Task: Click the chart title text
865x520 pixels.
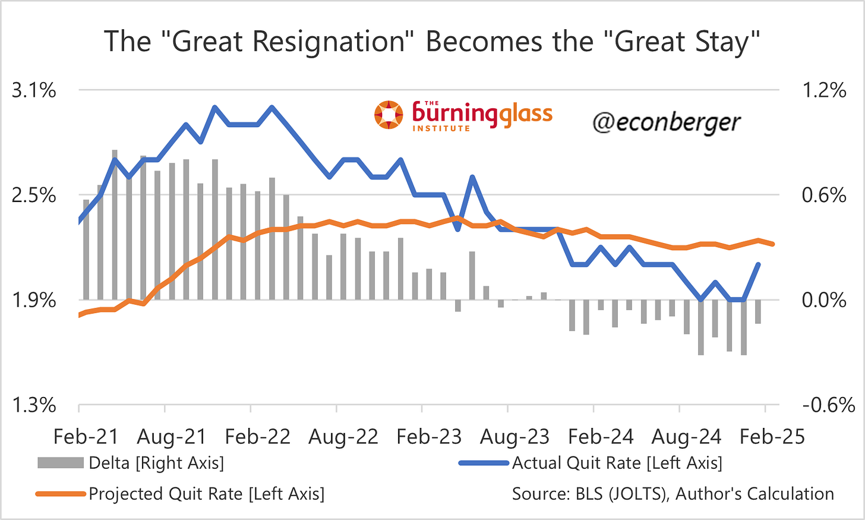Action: coord(432,42)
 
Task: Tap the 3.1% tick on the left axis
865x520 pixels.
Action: coord(34,91)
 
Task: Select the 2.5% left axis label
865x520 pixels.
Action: coord(34,196)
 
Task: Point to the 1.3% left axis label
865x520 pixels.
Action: coord(34,406)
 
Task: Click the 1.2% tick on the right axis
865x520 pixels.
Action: coord(824,91)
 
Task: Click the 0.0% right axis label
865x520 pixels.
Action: coord(824,300)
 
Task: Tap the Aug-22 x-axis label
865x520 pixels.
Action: coord(343,437)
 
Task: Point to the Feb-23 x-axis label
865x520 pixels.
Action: coord(429,437)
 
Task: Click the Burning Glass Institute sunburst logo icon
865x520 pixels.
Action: coord(389,115)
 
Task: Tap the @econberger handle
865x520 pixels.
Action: coord(666,122)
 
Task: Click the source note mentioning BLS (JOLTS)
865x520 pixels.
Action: coord(673,494)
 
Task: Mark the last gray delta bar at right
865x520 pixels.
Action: coord(758,311)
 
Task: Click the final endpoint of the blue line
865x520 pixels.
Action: coord(758,264)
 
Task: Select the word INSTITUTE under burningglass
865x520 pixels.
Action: coord(441,128)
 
